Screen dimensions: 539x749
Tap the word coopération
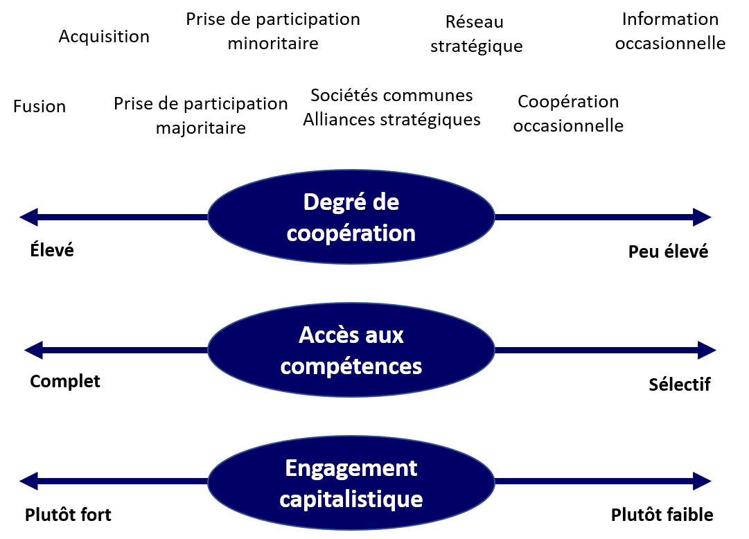[351, 233]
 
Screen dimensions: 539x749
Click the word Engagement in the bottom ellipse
[351, 468]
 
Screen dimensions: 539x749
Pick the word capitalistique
[351, 499]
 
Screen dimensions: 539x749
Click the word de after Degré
[385, 203]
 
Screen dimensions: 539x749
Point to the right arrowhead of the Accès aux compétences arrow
[707, 350]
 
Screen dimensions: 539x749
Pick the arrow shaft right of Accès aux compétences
[596, 350]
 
